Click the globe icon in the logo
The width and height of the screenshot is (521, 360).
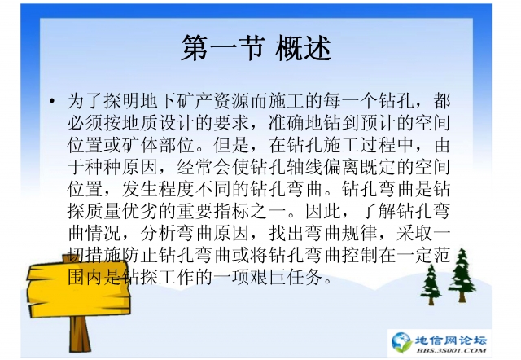click(x=401, y=341)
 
